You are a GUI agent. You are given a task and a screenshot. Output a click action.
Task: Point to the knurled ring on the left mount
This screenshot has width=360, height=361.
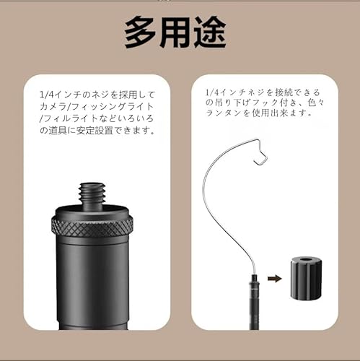pos(92,225)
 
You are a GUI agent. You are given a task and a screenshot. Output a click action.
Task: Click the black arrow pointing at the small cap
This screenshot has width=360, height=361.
pos(274,277)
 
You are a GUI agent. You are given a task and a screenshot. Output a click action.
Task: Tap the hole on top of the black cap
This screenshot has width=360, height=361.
pos(306,258)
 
